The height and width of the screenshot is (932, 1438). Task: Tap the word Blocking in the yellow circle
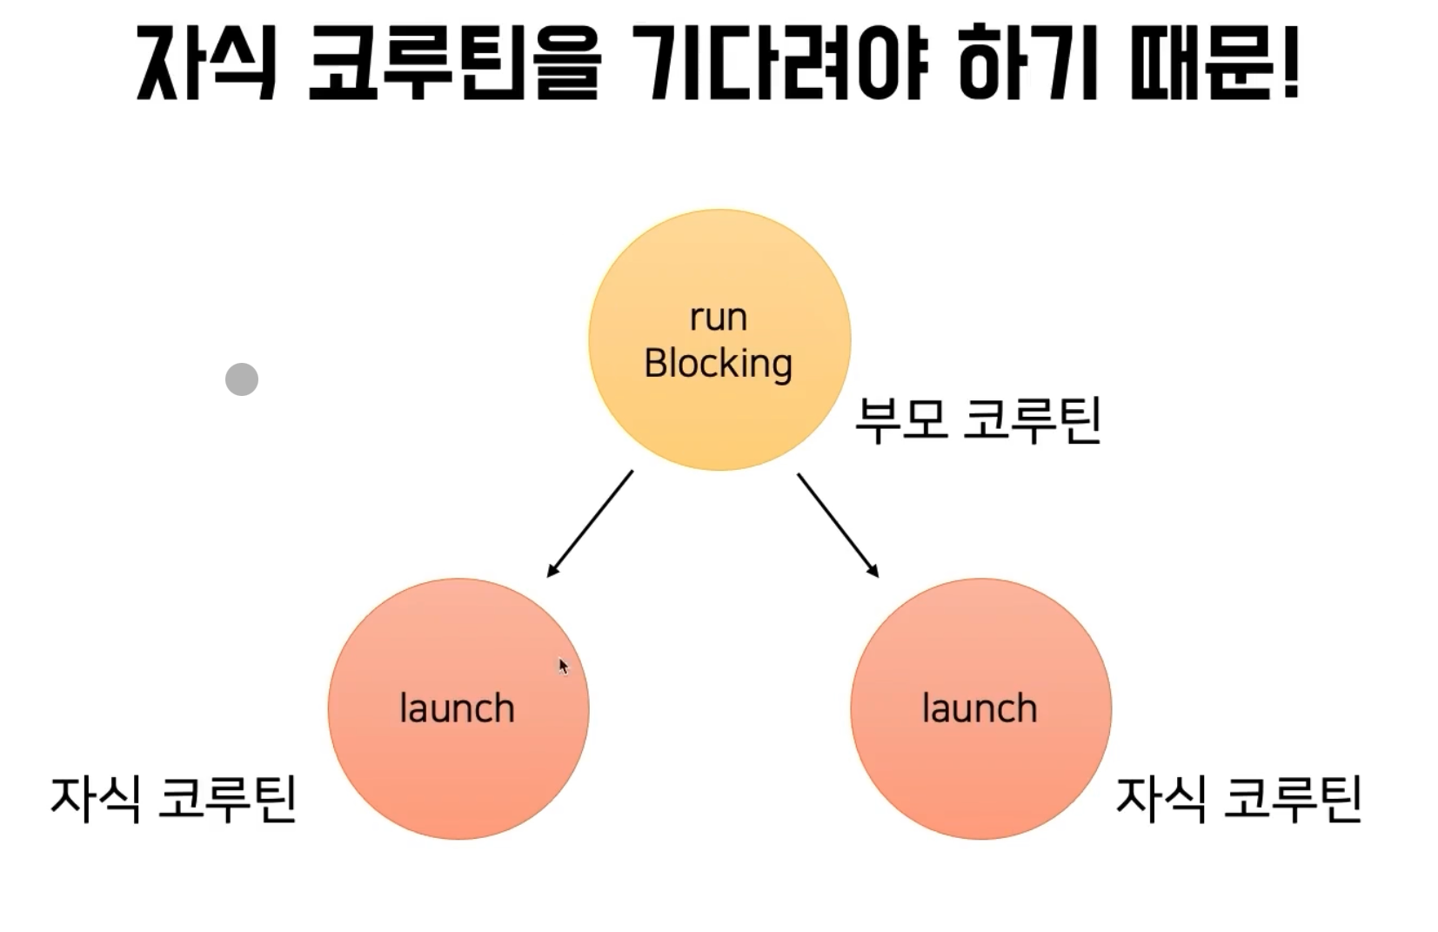coord(718,364)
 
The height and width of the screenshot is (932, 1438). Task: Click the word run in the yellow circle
coord(718,318)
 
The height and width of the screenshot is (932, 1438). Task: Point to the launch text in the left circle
coord(457,708)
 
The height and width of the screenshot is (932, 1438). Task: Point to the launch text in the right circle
coord(980,708)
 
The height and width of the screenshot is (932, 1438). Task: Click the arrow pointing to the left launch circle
coord(590,524)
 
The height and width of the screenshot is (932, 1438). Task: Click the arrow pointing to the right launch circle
coord(838,525)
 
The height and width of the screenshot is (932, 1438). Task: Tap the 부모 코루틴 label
coord(978,420)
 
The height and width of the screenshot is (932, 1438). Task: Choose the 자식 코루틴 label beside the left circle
coord(174,799)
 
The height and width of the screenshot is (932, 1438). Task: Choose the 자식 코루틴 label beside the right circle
coord(1238,799)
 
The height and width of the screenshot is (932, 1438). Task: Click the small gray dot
coord(242,379)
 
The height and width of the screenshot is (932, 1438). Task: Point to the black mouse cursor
coord(563,666)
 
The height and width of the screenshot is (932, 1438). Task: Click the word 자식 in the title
coord(206,63)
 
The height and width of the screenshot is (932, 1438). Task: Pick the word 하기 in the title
coord(1027,63)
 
